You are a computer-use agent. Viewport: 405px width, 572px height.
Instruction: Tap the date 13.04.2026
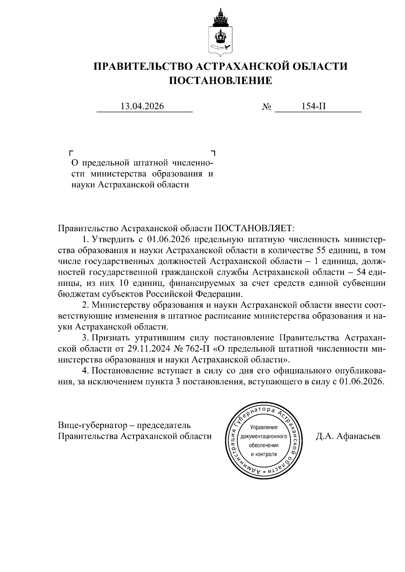tap(142, 107)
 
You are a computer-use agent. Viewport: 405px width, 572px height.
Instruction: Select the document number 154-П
tap(314, 107)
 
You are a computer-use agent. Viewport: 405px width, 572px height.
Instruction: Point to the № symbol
tap(267, 107)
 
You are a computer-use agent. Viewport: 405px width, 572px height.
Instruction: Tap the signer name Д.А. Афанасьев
tap(348, 436)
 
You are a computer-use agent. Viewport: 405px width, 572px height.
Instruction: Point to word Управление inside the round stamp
tap(264, 428)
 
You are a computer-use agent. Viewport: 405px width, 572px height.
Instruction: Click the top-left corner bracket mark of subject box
tap(71, 153)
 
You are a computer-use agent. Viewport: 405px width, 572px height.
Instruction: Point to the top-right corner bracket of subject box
tap(213, 153)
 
